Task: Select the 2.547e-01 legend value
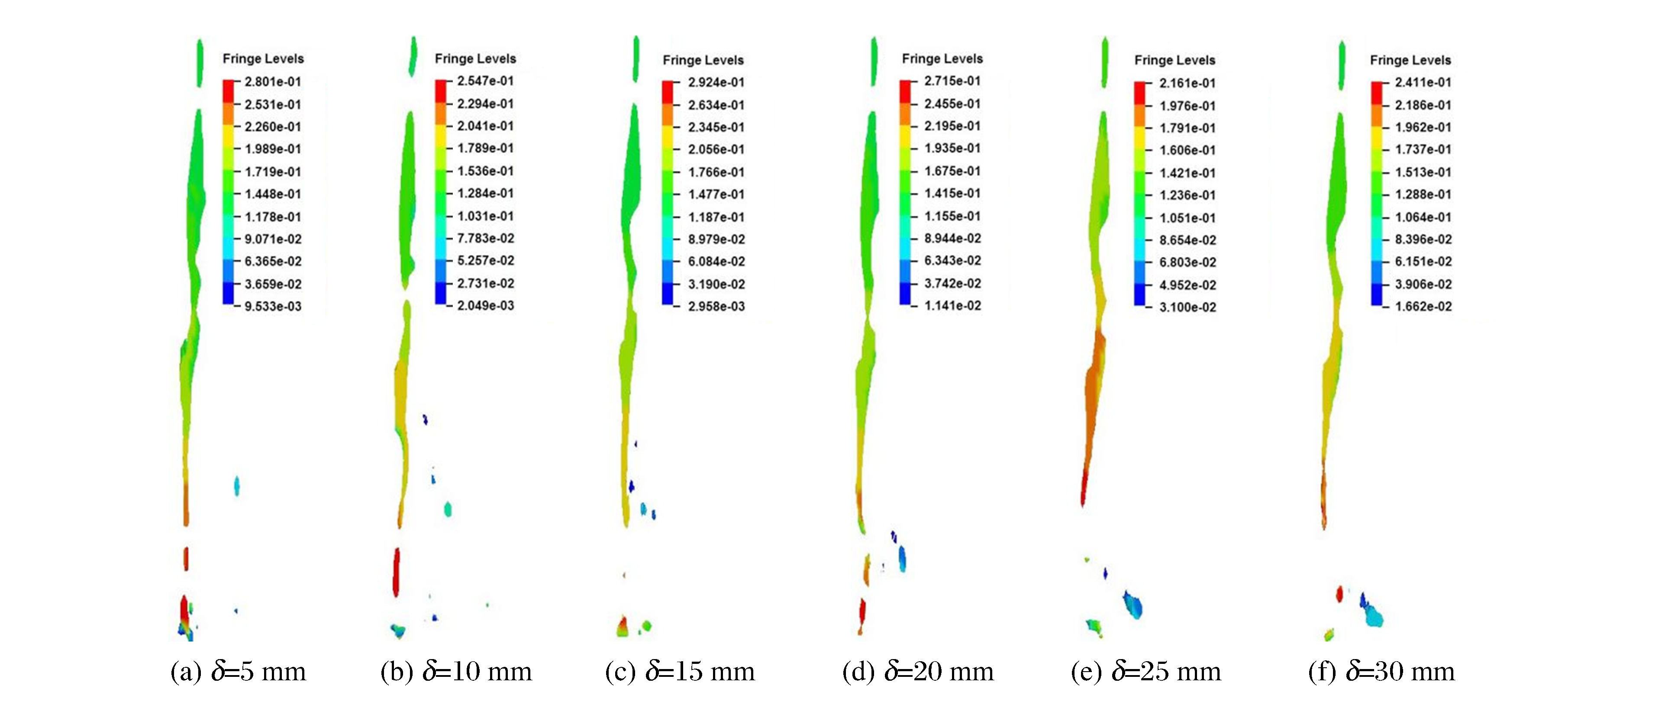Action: (485, 81)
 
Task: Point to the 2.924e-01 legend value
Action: (716, 83)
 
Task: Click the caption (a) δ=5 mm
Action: (238, 672)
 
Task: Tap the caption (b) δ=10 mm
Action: (456, 672)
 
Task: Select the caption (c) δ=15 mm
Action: (680, 672)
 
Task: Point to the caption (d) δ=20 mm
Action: (918, 672)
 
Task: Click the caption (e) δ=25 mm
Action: (1146, 672)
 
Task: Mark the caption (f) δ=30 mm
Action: (1381, 672)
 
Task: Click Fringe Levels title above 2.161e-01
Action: (1175, 60)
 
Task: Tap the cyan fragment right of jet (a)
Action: (237, 485)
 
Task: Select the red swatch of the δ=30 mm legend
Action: (1376, 93)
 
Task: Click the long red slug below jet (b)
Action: (396, 572)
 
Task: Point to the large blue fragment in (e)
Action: (1133, 605)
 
